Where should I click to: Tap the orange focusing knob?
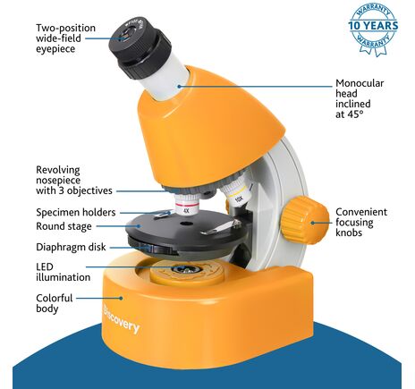pyautogui.click(x=304, y=220)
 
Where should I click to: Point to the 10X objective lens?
pyautogui.click(x=235, y=193)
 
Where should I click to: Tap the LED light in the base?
pyautogui.click(x=186, y=269)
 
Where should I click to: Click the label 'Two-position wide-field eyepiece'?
pyautogui.click(x=65, y=38)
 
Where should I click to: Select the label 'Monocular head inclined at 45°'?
pyautogui.click(x=360, y=98)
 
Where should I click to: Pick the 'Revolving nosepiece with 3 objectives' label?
pyautogui.click(x=74, y=181)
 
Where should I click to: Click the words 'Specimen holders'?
pyautogui.click(x=76, y=212)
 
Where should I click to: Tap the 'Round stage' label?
pyautogui.click(x=64, y=226)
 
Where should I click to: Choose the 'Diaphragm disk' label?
pyautogui.click(x=71, y=247)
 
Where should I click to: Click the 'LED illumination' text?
pyautogui.click(x=63, y=272)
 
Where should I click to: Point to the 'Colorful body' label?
pyautogui.click(x=55, y=303)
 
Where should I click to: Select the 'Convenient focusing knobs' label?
pyautogui.click(x=361, y=223)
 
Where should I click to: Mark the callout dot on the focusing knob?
pyautogui.click(x=313, y=223)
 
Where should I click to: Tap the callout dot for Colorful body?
pyautogui.click(x=121, y=298)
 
